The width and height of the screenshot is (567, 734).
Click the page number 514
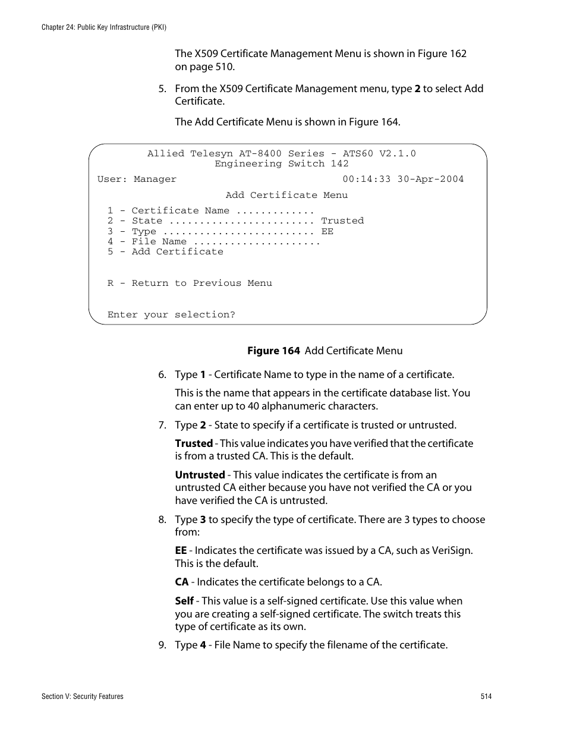click(486, 697)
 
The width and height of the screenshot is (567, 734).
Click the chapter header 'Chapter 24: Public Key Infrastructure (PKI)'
click(104, 27)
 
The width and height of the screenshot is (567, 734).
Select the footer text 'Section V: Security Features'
click(83, 697)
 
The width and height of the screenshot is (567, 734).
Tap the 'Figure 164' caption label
click(273, 351)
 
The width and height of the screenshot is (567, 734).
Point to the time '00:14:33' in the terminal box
click(366, 179)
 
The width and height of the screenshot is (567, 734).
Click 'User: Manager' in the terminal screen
click(137, 179)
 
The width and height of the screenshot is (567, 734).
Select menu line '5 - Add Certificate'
click(165, 251)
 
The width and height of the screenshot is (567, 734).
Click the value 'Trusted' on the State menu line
click(342, 220)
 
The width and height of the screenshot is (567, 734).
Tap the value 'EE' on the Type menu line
click(327, 231)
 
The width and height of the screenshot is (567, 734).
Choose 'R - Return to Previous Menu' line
click(190, 283)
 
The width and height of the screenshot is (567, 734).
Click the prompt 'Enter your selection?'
click(171, 314)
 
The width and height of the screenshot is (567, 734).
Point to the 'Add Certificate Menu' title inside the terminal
click(286, 195)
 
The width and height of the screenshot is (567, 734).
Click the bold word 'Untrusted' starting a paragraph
click(200, 475)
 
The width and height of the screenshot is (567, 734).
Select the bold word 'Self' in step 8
click(184, 601)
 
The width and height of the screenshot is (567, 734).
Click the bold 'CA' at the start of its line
click(181, 582)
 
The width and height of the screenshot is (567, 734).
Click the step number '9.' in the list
click(162, 645)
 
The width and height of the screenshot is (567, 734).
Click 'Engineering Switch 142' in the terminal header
click(282, 163)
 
